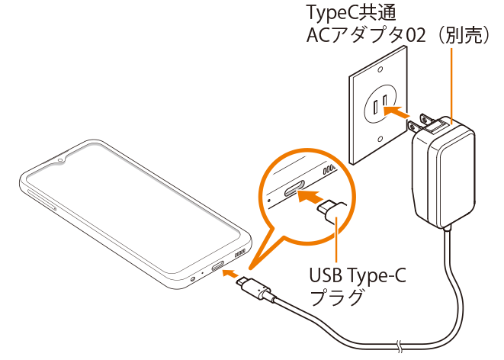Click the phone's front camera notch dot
tap(60, 159)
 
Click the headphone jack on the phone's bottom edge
tap(193, 279)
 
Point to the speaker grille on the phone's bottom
tap(241, 252)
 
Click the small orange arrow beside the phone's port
tap(230, 274)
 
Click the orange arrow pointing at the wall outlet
tap(396, 113)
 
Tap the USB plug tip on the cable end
tap(242, 281)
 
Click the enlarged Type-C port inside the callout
tap(294, 188)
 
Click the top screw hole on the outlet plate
tap(380, 69)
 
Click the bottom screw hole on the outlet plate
tap(380, 139)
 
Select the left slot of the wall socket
tap(375, 108)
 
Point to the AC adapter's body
tap(444, 174)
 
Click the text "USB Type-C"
tap(358, 277)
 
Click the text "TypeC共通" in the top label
tap(352, 14)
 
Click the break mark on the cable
tap(400, 346)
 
